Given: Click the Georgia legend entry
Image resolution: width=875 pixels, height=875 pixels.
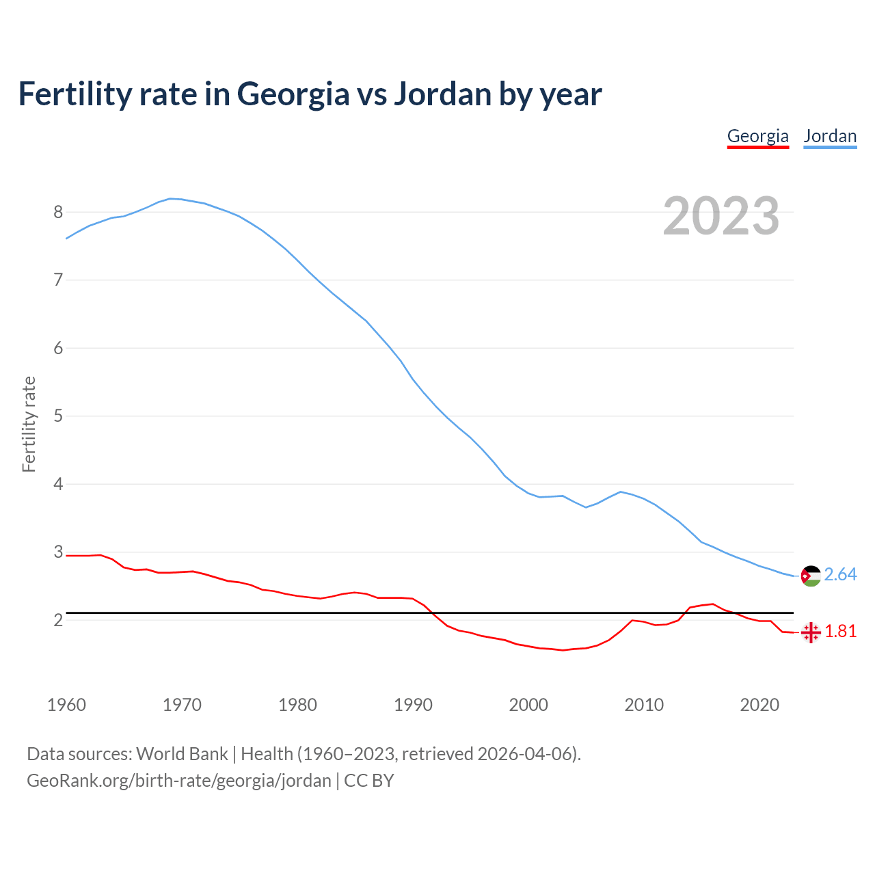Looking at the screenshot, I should (x=757, y=136).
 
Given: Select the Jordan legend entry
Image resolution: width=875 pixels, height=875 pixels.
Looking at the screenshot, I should (x=830, y=136).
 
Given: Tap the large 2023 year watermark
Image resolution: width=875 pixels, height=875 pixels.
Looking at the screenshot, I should (x=721, y=216).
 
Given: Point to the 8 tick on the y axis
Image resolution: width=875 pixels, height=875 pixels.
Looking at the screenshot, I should (x=58, y=213).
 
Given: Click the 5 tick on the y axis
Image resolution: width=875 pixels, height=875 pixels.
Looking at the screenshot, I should (x=58, y=416).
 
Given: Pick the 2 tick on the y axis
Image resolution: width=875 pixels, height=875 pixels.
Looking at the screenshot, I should (x=58, y=620).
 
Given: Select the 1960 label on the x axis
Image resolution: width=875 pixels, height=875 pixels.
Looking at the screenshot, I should (x=66, y=705).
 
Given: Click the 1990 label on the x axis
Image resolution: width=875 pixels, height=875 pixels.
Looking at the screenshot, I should (x=413, y=705).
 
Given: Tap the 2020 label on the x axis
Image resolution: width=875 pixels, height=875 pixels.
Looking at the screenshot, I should (x=759, y=705).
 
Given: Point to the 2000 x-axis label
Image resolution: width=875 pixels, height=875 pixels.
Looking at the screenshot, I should (x=528, y=705).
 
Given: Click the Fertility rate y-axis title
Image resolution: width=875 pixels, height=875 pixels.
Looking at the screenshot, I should (x=29, y=424).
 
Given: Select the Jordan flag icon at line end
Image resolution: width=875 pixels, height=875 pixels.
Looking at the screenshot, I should (x=811, y=576).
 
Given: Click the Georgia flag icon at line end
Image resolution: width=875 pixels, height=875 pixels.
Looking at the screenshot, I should (x=811, y=632).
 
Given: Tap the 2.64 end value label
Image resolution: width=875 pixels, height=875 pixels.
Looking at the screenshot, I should (x=840, y=575).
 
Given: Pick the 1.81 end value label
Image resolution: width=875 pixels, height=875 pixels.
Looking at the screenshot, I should (x=840, y=632).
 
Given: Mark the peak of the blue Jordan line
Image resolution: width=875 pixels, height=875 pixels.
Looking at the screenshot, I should (x=171, y=198).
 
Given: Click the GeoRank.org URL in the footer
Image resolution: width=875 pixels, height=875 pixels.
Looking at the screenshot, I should (x=178, y=781).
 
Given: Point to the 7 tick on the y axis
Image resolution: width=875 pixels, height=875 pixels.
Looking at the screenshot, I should (x=58, y=280).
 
